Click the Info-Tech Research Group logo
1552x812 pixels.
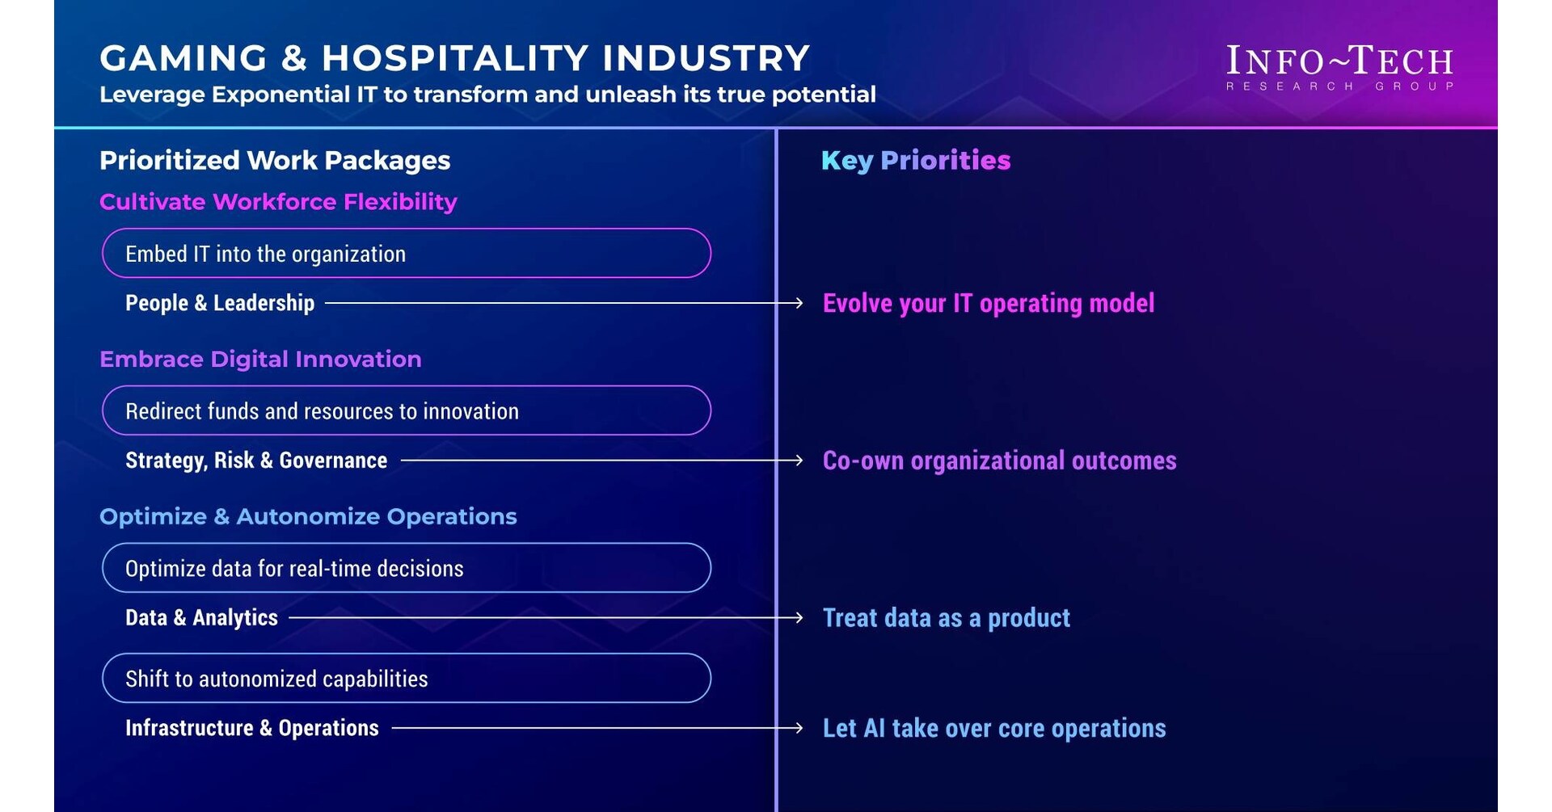point(1339,67)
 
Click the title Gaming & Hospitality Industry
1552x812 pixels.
point(454,58)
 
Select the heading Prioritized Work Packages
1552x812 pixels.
point(275,160)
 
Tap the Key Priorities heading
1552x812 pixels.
point(916,160)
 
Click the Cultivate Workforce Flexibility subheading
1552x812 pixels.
point(278,201)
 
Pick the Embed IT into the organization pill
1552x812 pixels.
point(406,254)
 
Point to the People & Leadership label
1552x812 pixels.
point(220,303)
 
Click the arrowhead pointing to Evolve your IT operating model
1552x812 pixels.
point(798,303)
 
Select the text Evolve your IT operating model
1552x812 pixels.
point(988,303)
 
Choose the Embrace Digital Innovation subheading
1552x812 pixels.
point(260,359)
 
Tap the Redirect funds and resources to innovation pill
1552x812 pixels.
point(406,410)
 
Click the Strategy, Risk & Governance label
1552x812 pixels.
point(256,461)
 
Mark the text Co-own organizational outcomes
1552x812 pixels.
point(999,461)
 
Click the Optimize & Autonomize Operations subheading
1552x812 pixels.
point(308,516)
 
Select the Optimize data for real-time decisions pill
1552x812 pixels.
point(406,568)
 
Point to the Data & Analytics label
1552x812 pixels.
point(201,618)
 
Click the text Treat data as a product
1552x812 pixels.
point(946,618)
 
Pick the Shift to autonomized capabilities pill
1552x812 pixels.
point(406,678)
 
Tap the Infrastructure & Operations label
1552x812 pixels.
point(251,728)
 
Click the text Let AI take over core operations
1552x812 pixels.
point(993,728)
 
